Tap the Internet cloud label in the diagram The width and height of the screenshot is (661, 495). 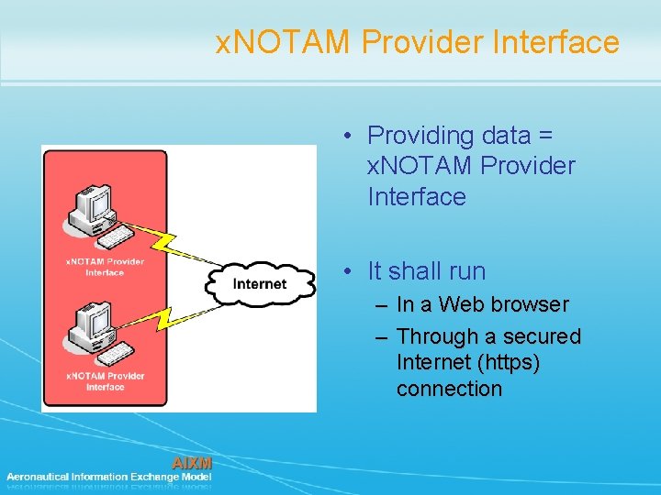(260, 284)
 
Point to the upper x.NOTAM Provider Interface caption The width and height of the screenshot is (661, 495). (105, 267)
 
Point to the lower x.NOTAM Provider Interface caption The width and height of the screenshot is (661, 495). (105, 381)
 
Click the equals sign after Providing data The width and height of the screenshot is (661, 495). (545, 136)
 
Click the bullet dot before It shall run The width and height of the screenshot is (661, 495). (350, 271)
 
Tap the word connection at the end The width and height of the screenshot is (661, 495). (449, 389)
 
